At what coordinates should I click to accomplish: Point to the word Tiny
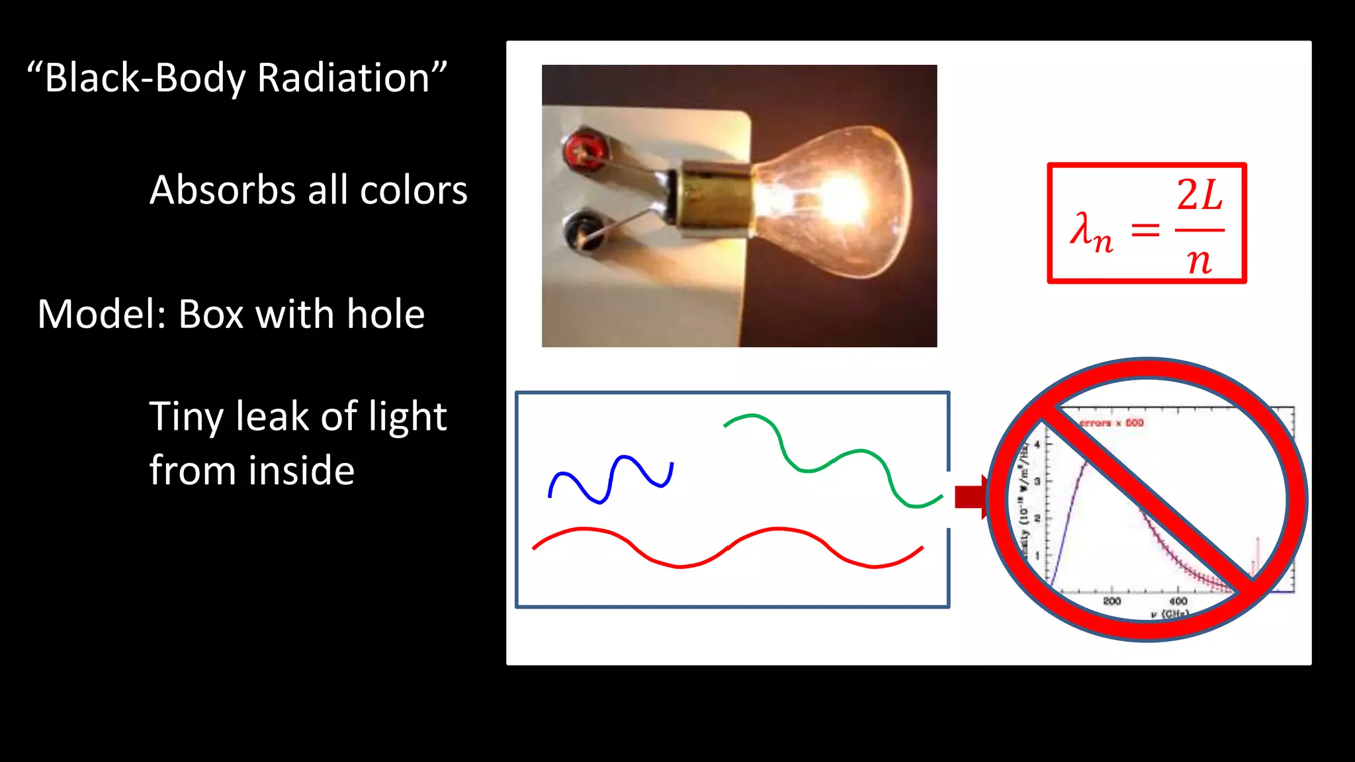(x=187, y=417)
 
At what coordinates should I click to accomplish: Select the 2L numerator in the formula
(x=1200, y=195)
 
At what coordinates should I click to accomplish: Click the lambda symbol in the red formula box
(x=1084, y=230)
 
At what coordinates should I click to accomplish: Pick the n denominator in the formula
(x=1199, y=261)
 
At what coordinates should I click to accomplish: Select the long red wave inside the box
(x=728, y=548)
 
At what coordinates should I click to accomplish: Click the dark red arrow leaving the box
(x=970, y=497)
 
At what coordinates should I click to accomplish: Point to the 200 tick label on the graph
(x=1112, y=601)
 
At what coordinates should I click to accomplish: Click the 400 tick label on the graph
(x=1178, y=601)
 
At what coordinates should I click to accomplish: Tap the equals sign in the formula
(x=1145, y=230)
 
